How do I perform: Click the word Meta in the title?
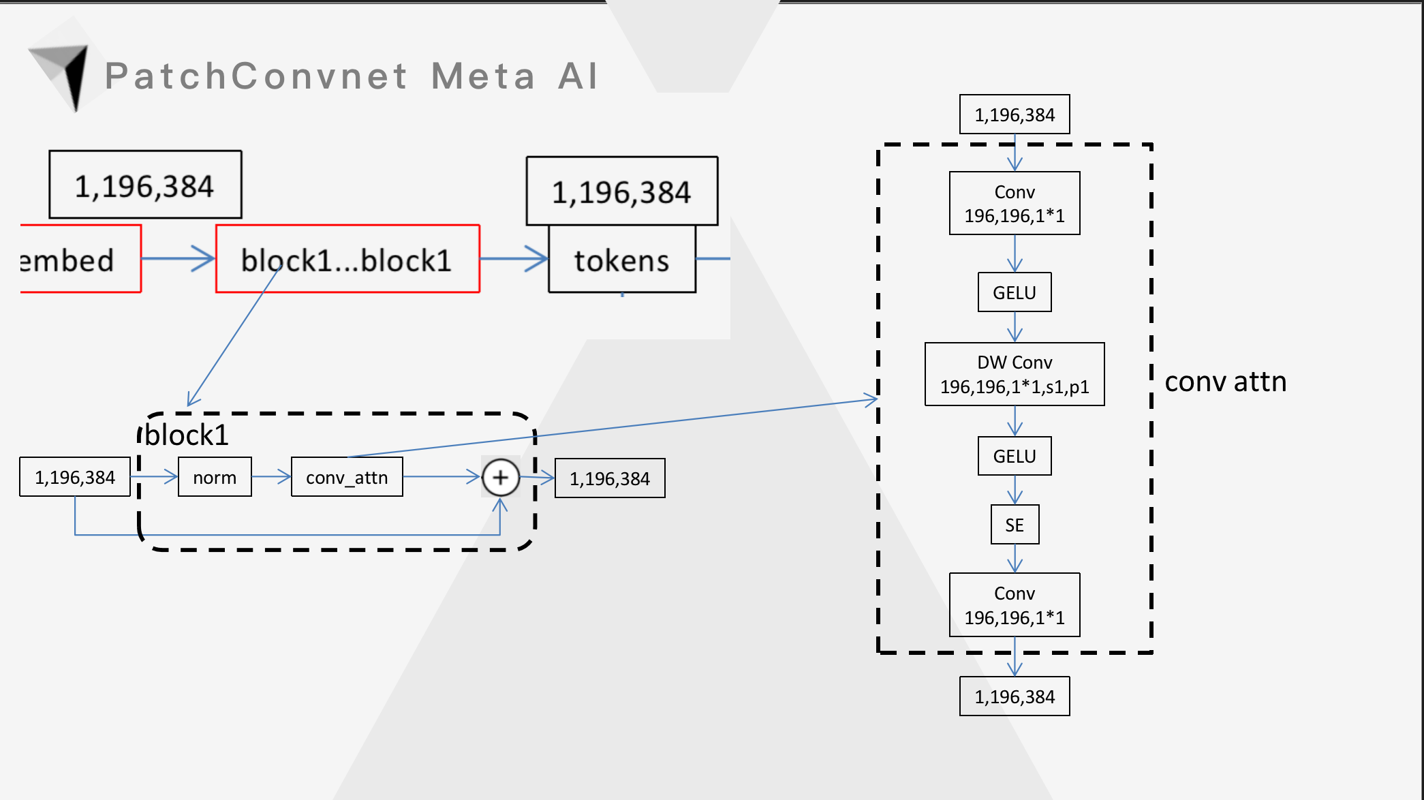coord(483,76)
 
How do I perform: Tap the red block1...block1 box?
coord(347,260)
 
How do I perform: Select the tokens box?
coord(621,260)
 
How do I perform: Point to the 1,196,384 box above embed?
coord(145,185)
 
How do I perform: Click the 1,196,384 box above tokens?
coord(621,191)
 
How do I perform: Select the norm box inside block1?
coord(215,478)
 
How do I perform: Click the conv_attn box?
coord(347,478)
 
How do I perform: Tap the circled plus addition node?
coord(500,477)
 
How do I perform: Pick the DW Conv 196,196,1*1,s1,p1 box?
coord(1015,374)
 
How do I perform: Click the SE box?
coord(1015,525)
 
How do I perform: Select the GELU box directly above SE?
coord(1015,456)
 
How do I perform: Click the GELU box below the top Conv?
coord(1015,292)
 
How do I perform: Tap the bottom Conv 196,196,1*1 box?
coord(1015,605)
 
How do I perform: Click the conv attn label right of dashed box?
coord(1225,382)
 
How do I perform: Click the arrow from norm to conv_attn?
coord(271,477)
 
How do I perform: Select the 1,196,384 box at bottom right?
coord(1015,696)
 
